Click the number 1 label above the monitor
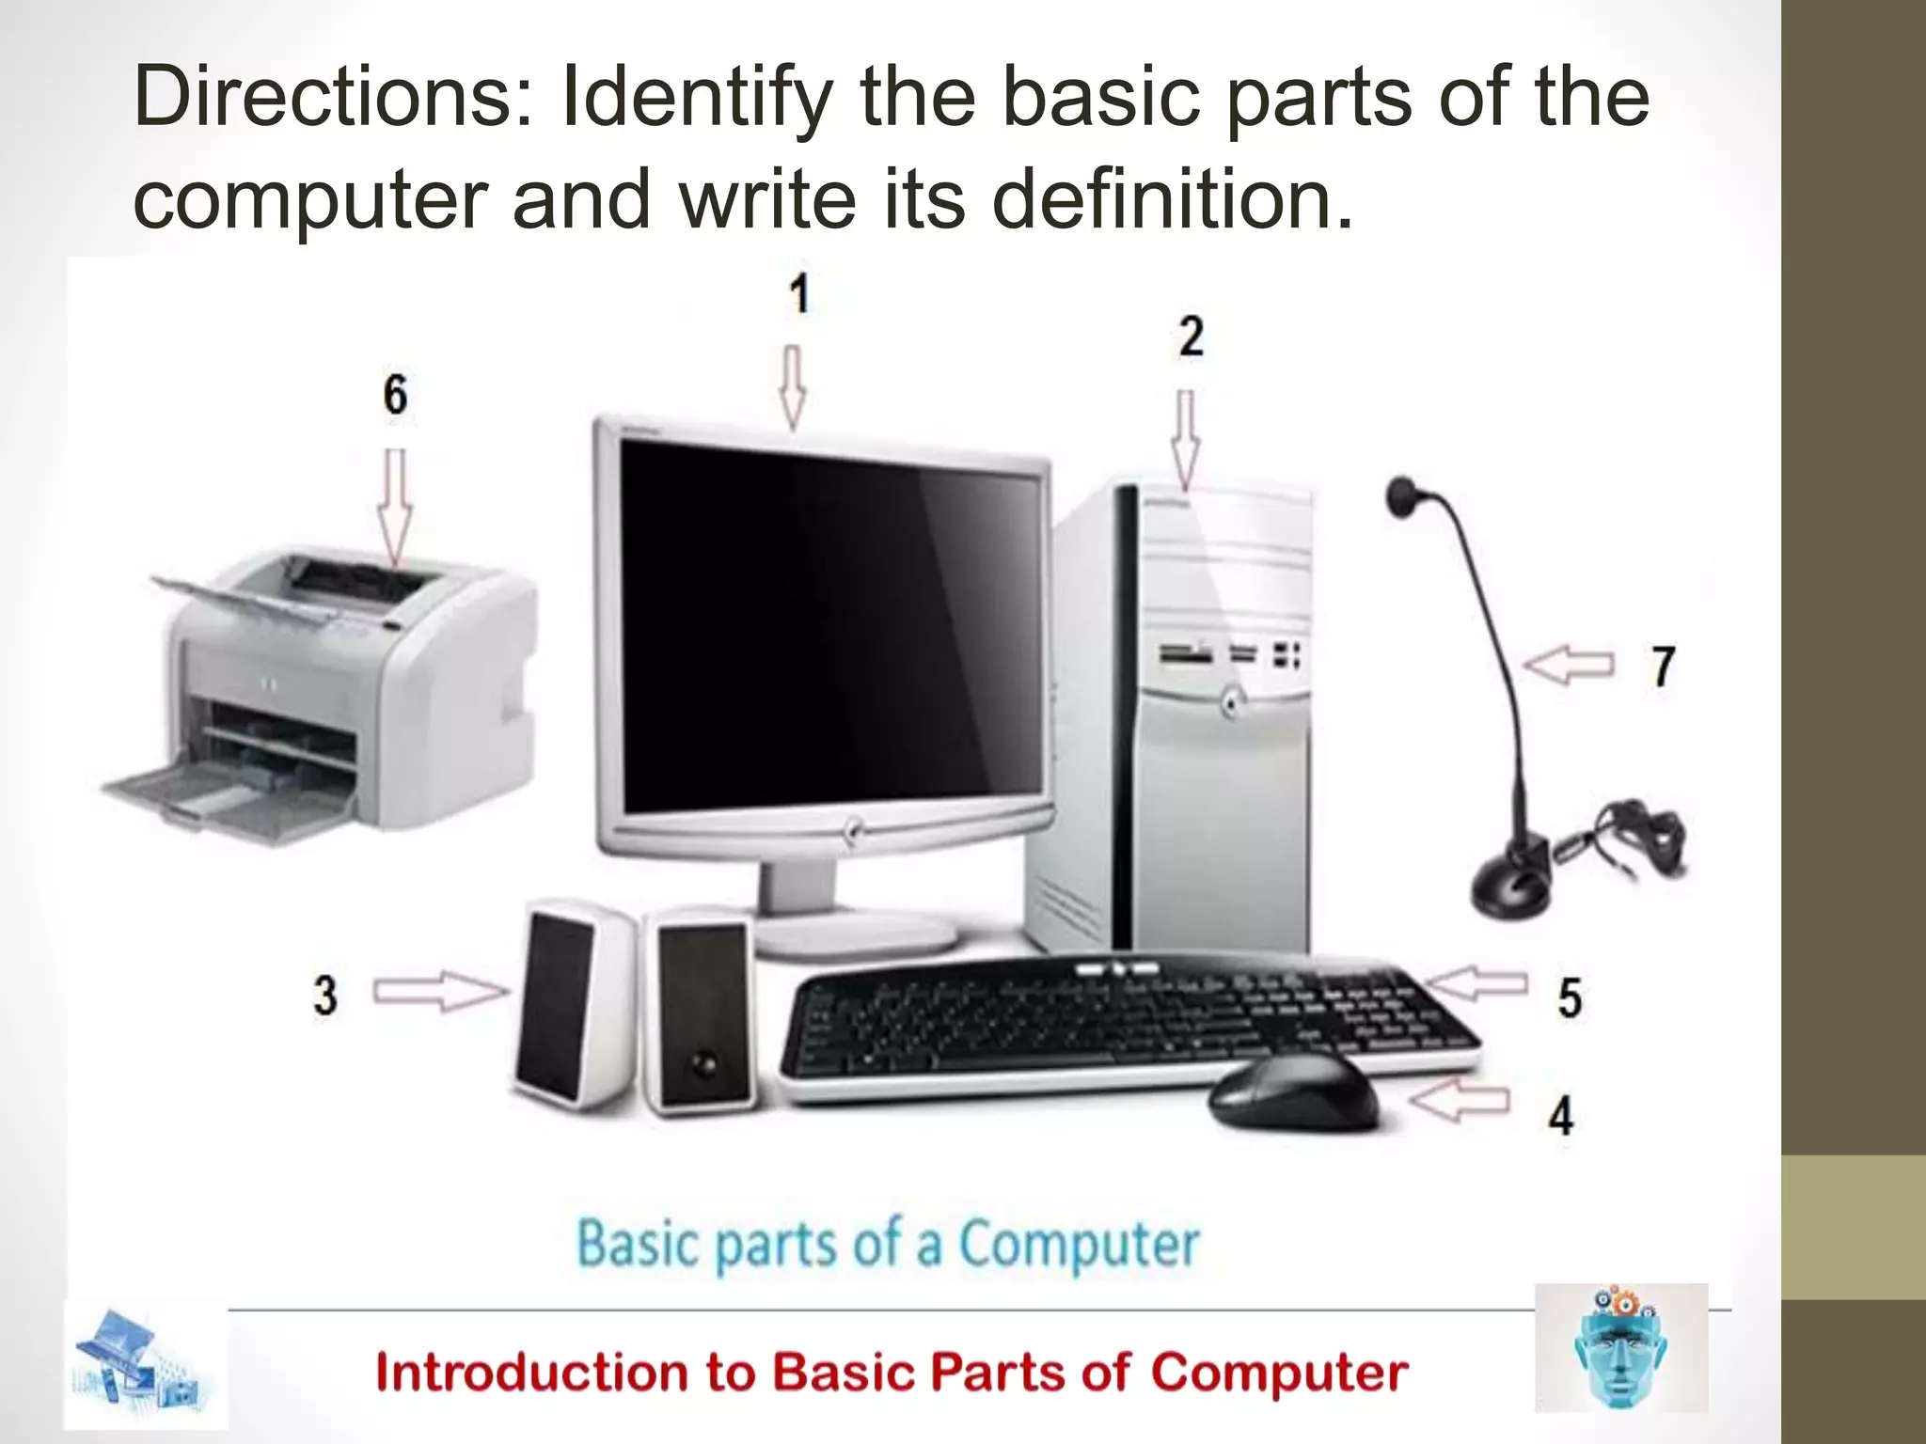(798, 294)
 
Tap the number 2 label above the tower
(1191, 337)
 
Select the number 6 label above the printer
(395, 394)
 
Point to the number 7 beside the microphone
(1663, 667)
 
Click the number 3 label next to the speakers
(325, 995)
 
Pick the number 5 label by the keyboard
(1569, 997)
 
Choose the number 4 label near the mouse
(1561, 1115)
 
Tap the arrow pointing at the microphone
(1569, 665)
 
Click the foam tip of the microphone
(1402, 494)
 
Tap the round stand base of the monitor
(858, 934)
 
